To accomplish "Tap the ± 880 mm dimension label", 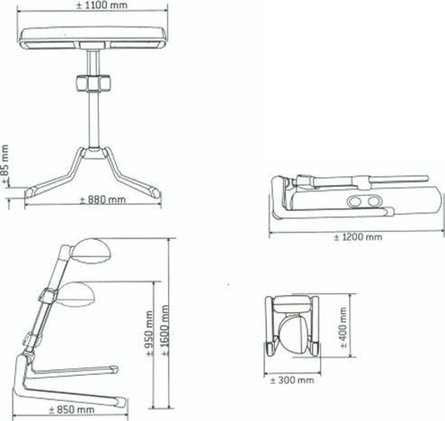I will tap(103, 200).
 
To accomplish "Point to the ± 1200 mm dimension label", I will tap(357, 237).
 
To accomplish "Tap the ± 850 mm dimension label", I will tap(72, 409).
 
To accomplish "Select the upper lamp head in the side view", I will tap(90, 249).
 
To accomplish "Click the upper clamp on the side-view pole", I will tap(47, 296).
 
